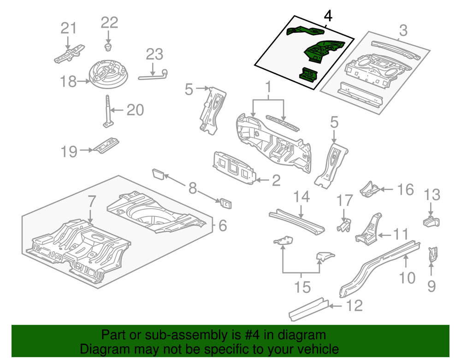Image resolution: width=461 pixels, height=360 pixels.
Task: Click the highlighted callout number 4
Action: (x=328, y=16)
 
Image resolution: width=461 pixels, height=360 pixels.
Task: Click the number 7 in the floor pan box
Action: (x=91, y=201)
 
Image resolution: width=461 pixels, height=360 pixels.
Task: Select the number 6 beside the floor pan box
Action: (x=223, y=225)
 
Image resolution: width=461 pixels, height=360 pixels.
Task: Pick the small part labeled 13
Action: (x=430, y=221)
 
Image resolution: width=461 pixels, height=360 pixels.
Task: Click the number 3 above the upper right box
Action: (x=402, y=31)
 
